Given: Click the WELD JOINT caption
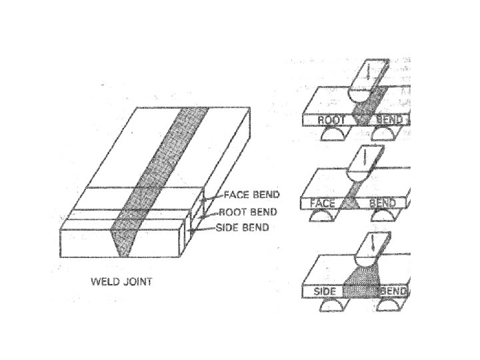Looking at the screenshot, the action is tap(121, 281).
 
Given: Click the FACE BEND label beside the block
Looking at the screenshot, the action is tap(252, 195).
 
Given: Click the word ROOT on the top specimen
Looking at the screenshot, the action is tap(331, 120).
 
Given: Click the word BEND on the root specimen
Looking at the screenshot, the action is tap(389, 120).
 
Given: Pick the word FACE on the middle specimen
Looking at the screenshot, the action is tap(323, 203).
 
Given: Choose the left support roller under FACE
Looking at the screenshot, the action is tap(323, 217).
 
